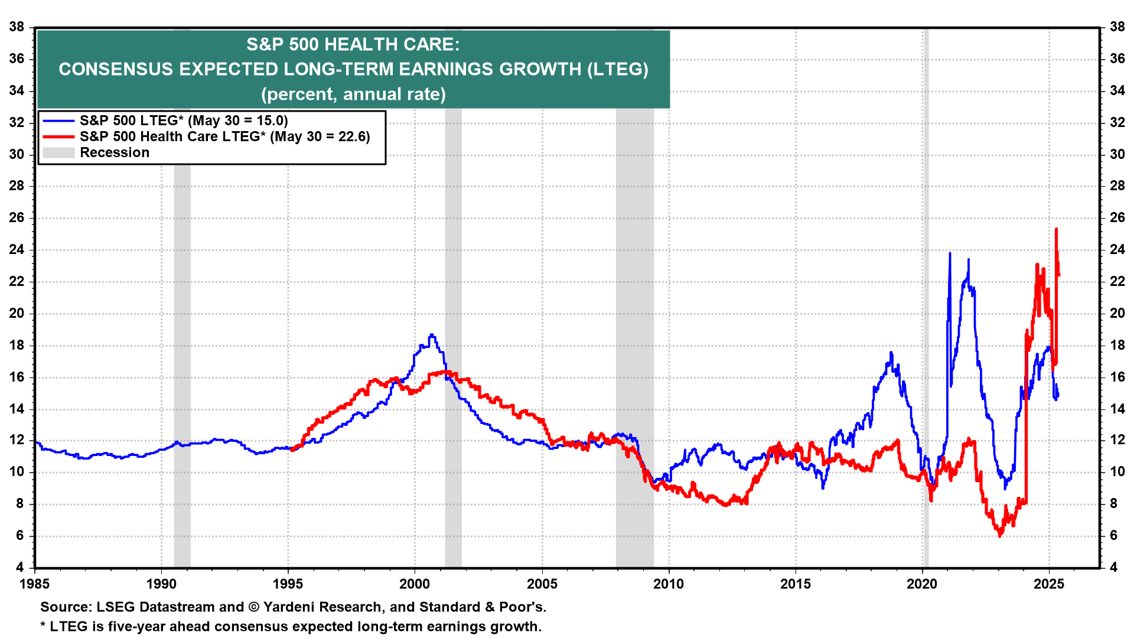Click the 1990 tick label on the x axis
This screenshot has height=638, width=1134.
(161, 584)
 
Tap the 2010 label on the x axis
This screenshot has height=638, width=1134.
(669, 584)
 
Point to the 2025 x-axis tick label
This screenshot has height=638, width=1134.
(1049, 584)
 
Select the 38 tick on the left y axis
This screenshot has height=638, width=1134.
(17, 27)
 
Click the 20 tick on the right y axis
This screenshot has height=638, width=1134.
(1117, 314)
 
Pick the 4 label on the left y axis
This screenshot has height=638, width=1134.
(20, 568)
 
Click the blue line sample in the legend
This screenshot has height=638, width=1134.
(58, 121)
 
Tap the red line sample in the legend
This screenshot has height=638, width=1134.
(58, 137)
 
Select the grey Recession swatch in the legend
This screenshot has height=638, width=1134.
(58, 153)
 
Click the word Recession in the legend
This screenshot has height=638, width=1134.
(115, 153)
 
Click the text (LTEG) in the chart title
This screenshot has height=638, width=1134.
(617, 69)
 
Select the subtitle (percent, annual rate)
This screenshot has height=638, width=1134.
(353, 95)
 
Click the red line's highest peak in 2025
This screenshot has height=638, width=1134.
(1056, 229)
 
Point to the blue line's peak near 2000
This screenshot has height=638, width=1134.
(432, 335)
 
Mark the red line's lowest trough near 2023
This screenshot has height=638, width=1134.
(1000, 536)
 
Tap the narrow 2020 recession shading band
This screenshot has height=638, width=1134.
(926, 295)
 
